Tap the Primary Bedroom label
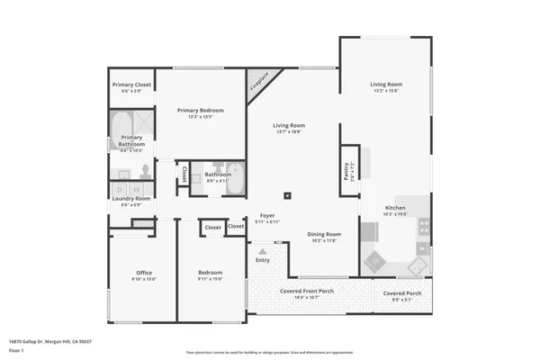(200, 110)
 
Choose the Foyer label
(267, 216)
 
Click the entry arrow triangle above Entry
(262, 251)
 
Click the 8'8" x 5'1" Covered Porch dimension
(401, 300)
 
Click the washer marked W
(136, 189)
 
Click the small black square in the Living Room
(287, 194)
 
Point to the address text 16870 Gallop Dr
(50, 341)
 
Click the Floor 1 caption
(17, 349)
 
